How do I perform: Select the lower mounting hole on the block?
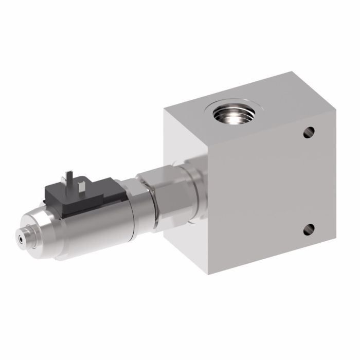click(x=309, y=230)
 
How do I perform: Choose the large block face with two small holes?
click(x=267, y=190)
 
